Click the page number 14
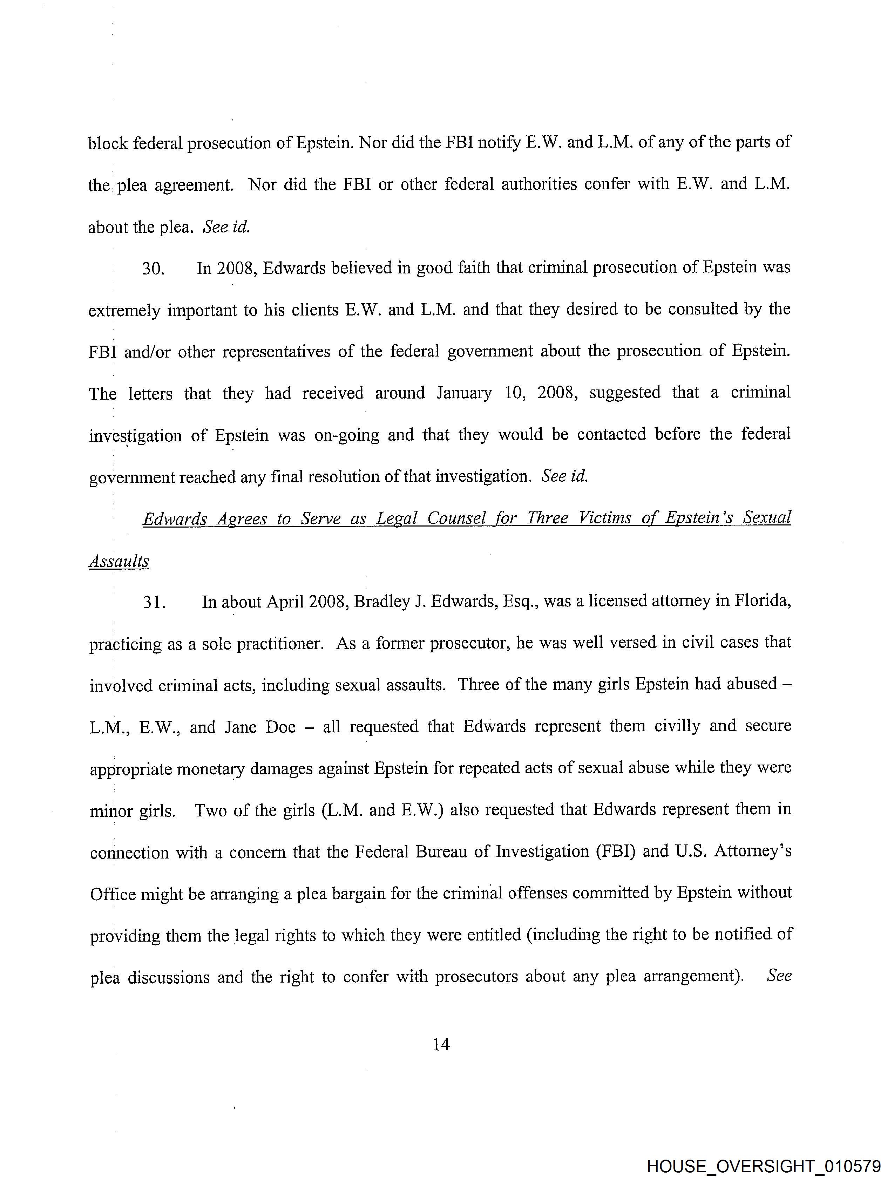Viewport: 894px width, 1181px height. click(441, 1044)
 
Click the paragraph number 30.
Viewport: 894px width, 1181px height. click(153, 269)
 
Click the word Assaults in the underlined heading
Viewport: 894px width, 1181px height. click(118, 561)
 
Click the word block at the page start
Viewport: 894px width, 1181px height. click(108, 143)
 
